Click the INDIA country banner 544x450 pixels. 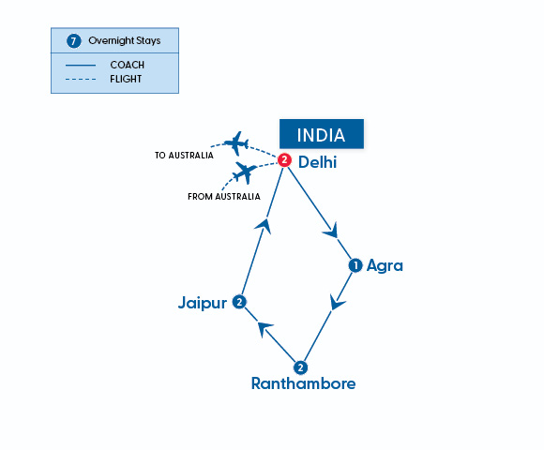coord(321,134)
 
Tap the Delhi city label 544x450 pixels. coord(317,162)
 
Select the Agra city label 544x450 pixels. coord(385,265)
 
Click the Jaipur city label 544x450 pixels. coord(203,302)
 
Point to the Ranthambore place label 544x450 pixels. coord(303,383)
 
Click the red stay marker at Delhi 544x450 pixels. coord(284,160)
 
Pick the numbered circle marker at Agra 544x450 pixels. coord(355,265)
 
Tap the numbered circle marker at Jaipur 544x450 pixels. coord(240,302)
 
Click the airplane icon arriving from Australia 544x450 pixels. coord(244,172)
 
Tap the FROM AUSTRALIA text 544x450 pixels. coord(224,197)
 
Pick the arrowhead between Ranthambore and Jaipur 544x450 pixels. coord(265,328)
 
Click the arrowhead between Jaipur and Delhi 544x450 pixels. coord(266,224)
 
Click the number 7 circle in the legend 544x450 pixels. coord(74,41)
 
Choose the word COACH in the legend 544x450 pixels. coord(128,65)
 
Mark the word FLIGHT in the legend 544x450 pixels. coord(128,78)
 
